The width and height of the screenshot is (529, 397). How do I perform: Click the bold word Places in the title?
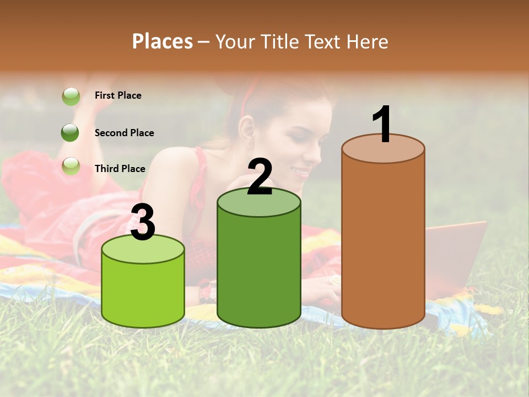[163, 41]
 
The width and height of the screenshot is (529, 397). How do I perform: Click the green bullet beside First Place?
[71, 96]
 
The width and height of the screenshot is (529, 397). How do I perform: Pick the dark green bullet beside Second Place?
[71, 133]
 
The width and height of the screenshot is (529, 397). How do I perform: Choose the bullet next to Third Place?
[71, 166]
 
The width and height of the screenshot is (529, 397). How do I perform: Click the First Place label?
[118, 95]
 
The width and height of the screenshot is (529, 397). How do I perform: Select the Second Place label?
[124, 133]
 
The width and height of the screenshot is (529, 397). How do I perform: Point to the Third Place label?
[120, 169]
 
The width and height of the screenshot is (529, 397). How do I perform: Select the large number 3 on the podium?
[143, 223]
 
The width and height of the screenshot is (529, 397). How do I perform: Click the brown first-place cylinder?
[383, 243]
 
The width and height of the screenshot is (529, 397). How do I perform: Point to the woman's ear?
[247, 130]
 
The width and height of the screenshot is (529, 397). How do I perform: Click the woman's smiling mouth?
[302, 173]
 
